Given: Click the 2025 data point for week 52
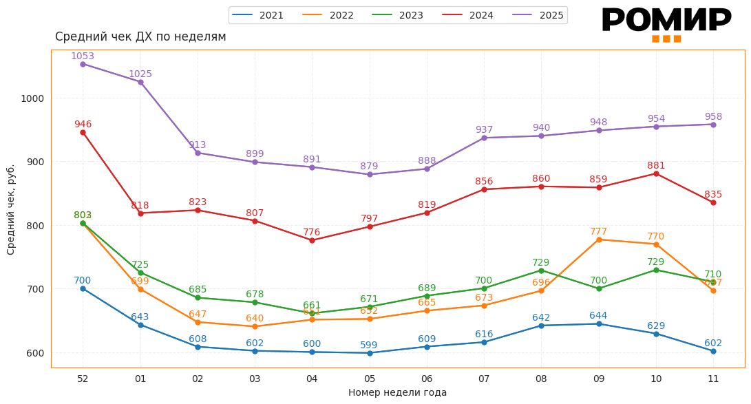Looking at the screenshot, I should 83,64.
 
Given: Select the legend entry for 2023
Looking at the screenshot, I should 397,15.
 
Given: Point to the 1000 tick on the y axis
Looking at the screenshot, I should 32,98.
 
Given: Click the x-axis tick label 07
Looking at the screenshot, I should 484,379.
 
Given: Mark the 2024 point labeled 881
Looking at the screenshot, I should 656,173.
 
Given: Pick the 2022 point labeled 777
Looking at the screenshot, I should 599,240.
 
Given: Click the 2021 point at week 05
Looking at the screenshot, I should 370,353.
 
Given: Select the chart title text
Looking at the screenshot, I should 140,37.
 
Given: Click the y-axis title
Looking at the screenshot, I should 11,209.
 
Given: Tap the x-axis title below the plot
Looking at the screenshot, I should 397,393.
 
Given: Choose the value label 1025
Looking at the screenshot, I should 140,74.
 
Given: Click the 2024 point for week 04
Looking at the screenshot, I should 312,240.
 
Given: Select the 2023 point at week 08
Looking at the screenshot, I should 541,270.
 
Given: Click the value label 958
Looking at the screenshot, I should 713,116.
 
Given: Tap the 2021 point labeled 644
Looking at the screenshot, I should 599,323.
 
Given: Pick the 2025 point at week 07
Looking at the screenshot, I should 484,138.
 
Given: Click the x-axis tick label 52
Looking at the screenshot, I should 83,379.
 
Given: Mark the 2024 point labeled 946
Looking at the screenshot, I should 83,132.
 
